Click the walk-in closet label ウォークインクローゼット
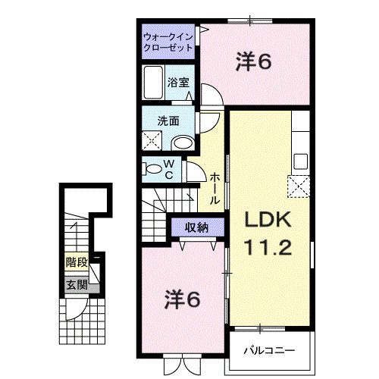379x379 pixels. tap(168, 41)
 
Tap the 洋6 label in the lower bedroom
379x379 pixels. tap(183, 300)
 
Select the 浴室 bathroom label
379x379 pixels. tap(179, 83)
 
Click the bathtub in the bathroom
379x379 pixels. tap(152, 83)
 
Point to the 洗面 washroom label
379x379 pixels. tap(168, 120)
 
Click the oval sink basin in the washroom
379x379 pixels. tap(181, 142)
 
